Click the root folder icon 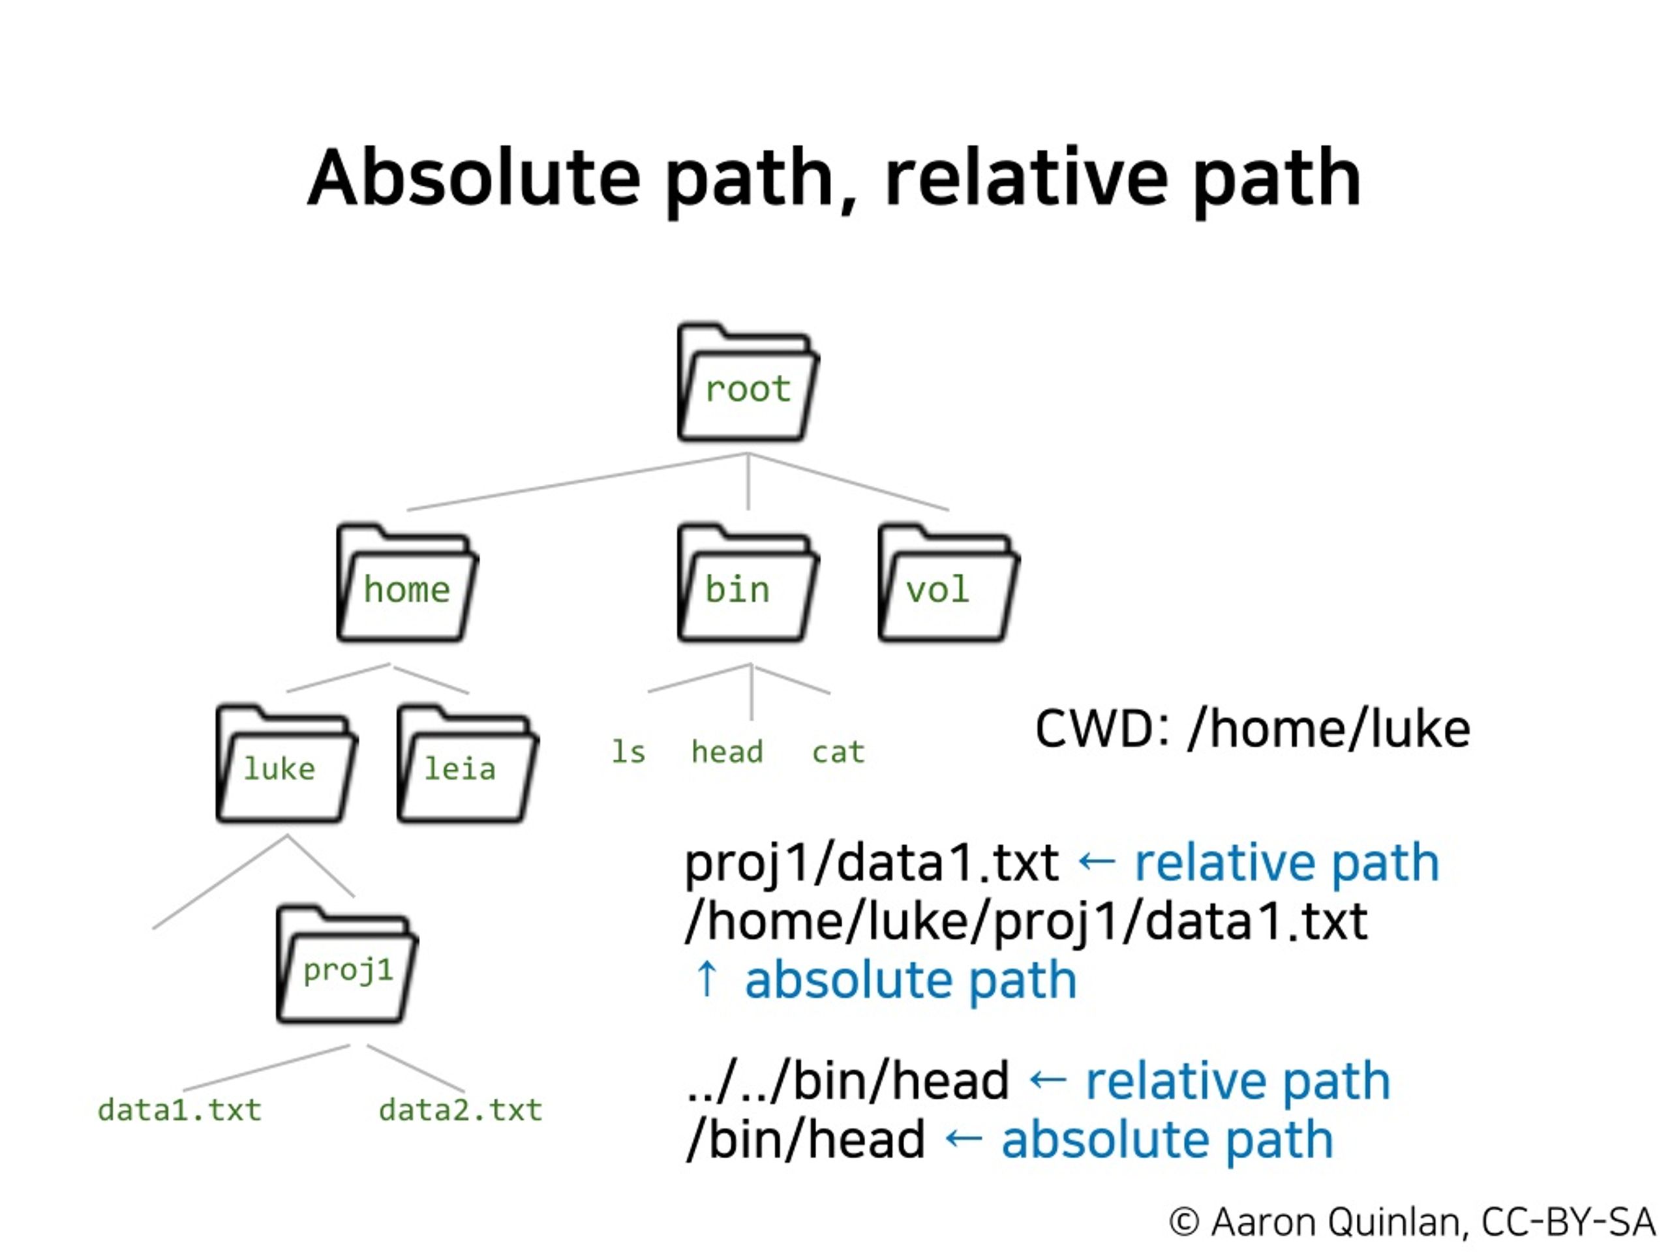point(748,382)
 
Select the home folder point(407,582)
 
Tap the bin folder point(748,582)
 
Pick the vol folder point(949,582)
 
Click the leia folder point(467,763)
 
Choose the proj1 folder point(347,964)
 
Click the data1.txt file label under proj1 point(179,1109)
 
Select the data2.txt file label point(461,1109)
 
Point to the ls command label point(628,752)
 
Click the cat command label point(838,753)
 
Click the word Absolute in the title point(474,177)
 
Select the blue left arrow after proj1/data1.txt point(1096,861)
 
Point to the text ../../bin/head point(848,1080)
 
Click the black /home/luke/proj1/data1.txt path point(1027,921)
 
